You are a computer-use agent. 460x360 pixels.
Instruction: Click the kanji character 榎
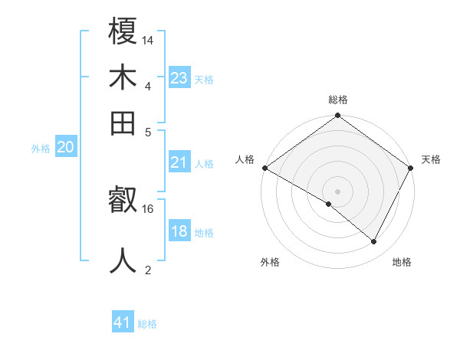(123, 31)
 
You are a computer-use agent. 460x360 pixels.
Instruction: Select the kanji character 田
(123, 122)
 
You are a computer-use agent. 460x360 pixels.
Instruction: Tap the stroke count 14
(148, 40)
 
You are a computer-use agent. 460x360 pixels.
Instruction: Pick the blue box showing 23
(179, 78)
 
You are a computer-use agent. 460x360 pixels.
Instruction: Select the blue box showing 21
(179, 162)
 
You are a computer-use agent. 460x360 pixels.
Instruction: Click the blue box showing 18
(179, 231)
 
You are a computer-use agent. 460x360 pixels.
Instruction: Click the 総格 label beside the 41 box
(147, 324)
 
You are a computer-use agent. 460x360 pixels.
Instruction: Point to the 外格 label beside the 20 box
(41, 149)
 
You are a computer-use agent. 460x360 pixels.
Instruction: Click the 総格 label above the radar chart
(338, 100)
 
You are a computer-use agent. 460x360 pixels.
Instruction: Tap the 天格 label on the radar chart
(432, 159)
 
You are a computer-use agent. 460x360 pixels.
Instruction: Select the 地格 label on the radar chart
(402, 263)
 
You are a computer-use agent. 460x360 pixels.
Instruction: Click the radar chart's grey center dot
(337, 190)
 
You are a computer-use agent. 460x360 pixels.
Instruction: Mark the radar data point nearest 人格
(264, 168)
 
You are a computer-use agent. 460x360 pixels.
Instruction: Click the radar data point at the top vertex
(337, 116)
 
